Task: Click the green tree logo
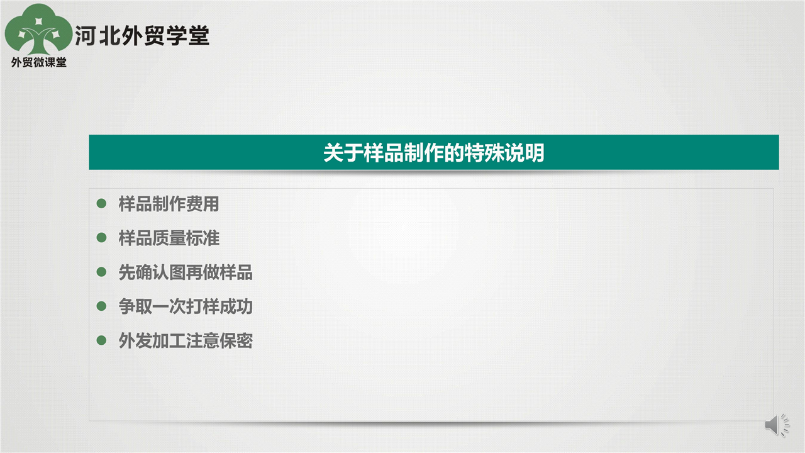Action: point(38,30)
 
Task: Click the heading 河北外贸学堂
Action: point(142,36)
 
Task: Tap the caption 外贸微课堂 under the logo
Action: point(39,62)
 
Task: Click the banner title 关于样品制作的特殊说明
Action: point(434,152)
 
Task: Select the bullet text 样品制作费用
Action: point(169,204)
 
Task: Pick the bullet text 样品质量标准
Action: point(169,238)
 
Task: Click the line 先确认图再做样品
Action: point(186,272)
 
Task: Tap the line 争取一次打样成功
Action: point(186,306)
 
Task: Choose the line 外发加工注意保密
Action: point(186,340)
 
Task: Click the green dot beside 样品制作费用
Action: point(102,203)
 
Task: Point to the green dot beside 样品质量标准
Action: point(102,238)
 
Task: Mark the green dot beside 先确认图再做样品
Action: point(102,272)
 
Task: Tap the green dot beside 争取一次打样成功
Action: point(102,306)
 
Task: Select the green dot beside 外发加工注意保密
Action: point(102,340)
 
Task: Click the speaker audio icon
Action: point(777,425)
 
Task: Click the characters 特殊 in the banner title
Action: point(484,152)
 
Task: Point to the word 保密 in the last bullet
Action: point(236,340)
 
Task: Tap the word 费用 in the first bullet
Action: point(203,204)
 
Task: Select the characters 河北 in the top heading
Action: point(96,36)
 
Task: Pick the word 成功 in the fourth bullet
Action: point(236,306)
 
